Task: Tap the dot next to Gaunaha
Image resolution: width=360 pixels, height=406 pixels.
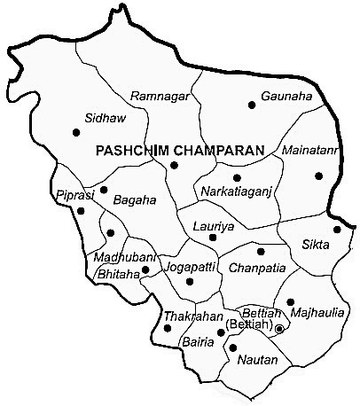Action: [252, 105]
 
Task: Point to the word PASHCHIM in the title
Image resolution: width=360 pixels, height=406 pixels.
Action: [131, 151]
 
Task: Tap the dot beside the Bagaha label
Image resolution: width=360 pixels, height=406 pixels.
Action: [104, 190]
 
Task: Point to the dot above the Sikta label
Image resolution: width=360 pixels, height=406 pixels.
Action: [337, 230]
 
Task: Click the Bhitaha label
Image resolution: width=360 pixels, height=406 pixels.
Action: [118, 275]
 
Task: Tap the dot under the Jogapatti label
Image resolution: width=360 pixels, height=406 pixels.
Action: [190, 282]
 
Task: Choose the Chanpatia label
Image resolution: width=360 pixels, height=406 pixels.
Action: [254, 267]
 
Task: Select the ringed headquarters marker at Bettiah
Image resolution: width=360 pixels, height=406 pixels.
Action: [279, 329]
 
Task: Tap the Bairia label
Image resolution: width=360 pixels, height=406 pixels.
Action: [198, 341]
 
